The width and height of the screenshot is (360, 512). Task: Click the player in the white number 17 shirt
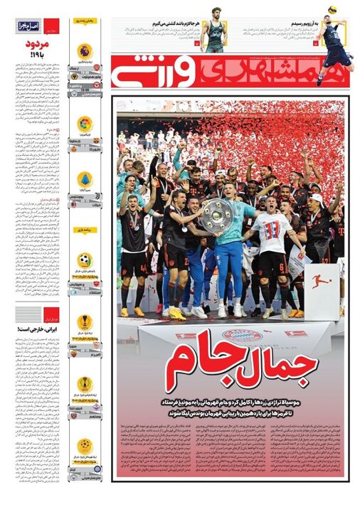click(272, 242)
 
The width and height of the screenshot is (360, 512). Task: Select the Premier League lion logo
click(85, 50)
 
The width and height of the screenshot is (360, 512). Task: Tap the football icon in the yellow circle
click(85, 260)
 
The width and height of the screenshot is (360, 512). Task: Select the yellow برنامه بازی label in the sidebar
click(85, 230)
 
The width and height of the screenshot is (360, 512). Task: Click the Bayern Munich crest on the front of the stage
click(233, 334)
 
